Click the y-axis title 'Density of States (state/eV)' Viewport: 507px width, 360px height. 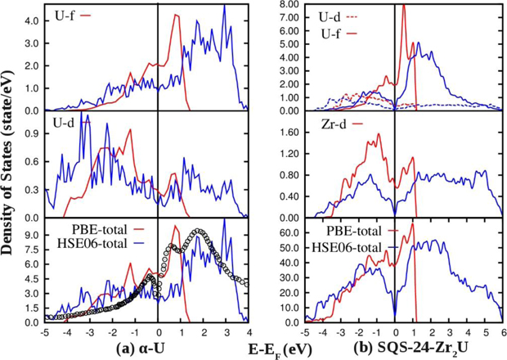[x=8, y=164]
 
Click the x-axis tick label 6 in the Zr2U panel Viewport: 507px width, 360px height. [x=503, y=332]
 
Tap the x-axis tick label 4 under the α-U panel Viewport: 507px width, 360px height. [x=248, y=332]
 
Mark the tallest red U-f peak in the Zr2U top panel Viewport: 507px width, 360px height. [x=403, y=6]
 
